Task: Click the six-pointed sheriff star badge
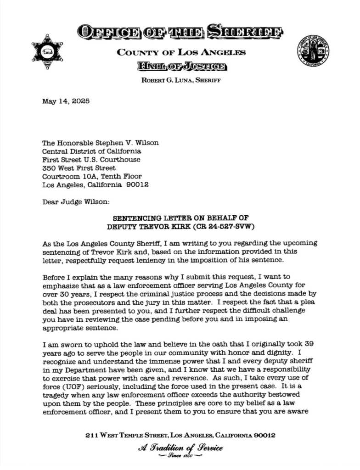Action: pyautogui.click(x=47, y=51)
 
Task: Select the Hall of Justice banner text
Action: pyautogui.click(x=180, y=67)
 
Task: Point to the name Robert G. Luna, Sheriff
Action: pyautogui.click(x=180, y=81)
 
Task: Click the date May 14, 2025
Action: pyautogui.click(x=66, y=101)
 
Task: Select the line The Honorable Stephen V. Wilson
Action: pyautogui.click(x=101, y=143)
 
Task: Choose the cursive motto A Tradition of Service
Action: pyautogui.click(x=180, y=448)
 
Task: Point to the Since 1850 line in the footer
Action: pyautogui.click(x=180, y=457)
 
